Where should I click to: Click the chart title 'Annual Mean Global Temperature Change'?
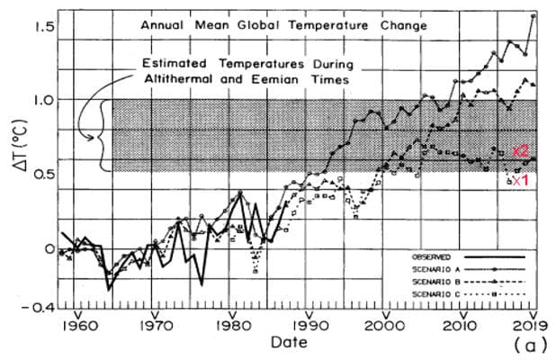[x=283, y=26]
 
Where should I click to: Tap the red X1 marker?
[x=519, y=180]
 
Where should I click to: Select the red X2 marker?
[x=519, y=151]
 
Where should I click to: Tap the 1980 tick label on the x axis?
[x=232, y=325]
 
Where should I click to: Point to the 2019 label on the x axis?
[x=532, y=325]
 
